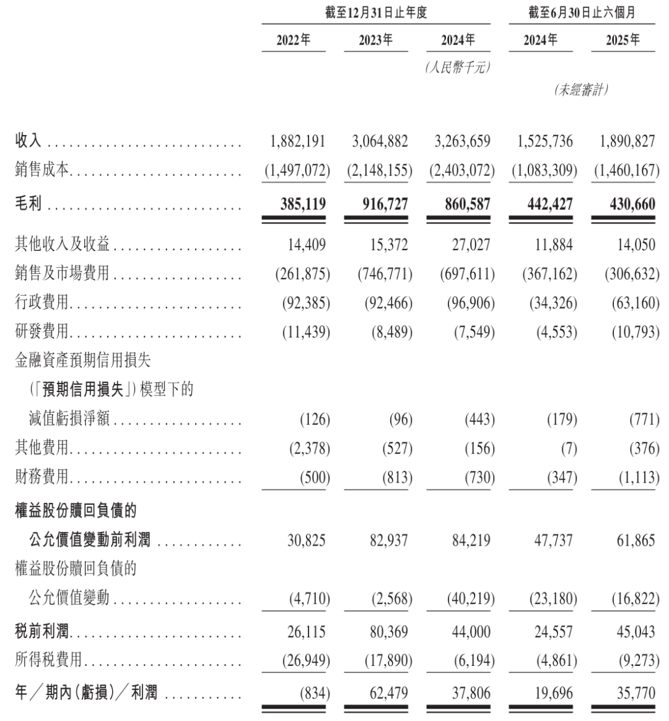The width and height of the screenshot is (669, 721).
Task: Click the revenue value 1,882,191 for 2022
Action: (297, 141)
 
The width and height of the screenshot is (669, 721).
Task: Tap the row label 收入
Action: (28, 141)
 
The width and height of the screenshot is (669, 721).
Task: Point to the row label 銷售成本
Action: (42, 170)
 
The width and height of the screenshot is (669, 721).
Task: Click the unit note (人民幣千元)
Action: (458, 68)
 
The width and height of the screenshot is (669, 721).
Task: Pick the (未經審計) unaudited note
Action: (581, 90)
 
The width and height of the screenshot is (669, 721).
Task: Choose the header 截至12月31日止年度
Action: (376, 12)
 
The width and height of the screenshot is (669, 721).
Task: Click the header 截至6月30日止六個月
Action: (582, 12)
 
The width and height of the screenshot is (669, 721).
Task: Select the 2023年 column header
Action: (375, 40)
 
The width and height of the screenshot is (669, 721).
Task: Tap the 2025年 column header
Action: (623, 40)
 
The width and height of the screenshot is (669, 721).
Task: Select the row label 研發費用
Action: (42, 332)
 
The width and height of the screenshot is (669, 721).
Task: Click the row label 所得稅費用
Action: (48, 660)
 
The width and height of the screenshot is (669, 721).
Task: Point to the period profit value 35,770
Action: (636, 693)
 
